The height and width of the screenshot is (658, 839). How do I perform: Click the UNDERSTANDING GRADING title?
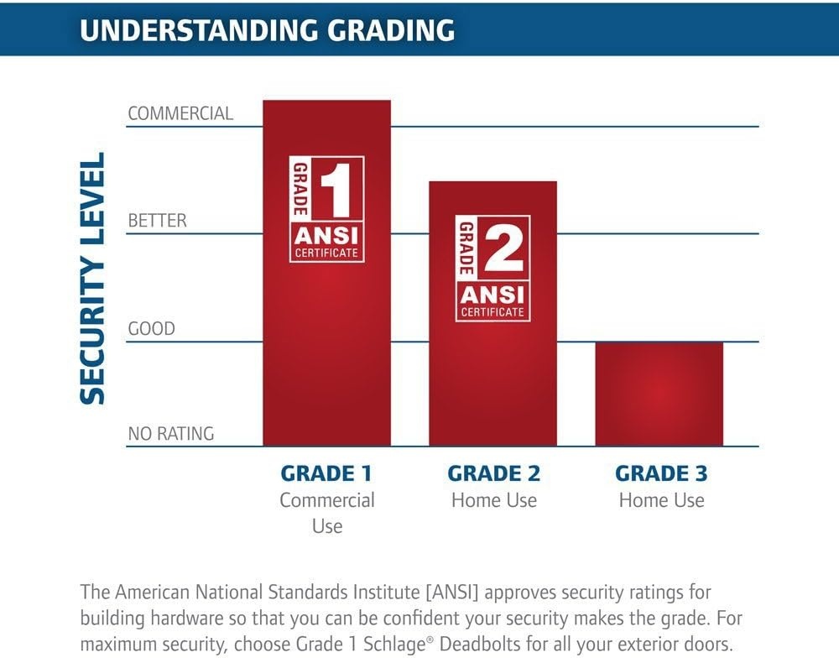click(x=268, y=30)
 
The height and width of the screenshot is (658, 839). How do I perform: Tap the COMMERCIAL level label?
click(x=181, y=113)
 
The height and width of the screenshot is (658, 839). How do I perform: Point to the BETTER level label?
click(x=158, y=221)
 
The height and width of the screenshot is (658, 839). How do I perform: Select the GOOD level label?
click(x=151, y=328)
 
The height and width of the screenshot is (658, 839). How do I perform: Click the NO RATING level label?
click(x=171, y=433)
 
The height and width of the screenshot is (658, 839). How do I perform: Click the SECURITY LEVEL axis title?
click(x=92, y=279)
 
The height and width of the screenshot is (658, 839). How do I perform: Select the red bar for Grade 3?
click(x=659, y=394)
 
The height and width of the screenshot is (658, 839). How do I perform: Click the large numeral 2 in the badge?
click(x=503, y=248)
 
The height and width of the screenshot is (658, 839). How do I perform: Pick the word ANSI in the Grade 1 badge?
click(x=326, y=235)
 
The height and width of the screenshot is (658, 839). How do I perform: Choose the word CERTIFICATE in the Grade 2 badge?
click(x=492, y=311)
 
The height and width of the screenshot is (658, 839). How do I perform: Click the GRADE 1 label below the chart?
click(x=326, y=473)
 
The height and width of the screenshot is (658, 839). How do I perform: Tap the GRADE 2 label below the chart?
click(x=494, y=473)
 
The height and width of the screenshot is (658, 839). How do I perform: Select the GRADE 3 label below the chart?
click(x=661, y=473)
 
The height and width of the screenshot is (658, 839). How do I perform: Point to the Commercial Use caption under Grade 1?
click(x=327, y=513)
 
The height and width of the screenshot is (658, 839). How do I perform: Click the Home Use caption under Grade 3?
click(x=662, y=500)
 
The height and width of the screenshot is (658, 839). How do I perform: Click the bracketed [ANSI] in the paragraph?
click(x=452, y=593)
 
